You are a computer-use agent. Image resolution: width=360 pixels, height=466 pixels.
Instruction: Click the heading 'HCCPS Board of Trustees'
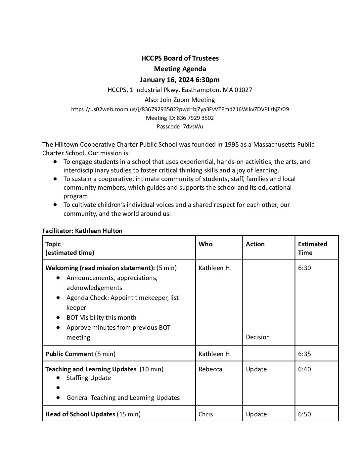tap(180, 58)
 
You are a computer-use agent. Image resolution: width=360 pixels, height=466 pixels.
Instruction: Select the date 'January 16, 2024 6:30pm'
tap(180, 79)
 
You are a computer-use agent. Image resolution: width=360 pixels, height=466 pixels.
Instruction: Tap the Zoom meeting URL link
tap(180, 109)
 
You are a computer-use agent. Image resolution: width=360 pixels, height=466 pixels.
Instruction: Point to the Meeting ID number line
tap(180, 118)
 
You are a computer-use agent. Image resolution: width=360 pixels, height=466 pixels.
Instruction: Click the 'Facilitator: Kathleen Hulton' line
tap(82, 231)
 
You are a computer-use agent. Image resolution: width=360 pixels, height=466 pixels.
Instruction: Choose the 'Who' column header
tap(205, 244)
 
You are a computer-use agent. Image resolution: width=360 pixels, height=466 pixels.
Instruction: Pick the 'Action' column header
tap(255, 244)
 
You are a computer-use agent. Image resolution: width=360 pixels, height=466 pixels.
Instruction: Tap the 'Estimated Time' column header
tap(312, 248)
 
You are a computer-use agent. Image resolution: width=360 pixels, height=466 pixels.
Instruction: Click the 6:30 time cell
tap(304, 268)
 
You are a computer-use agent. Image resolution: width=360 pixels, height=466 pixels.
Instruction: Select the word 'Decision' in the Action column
tap(258, 337)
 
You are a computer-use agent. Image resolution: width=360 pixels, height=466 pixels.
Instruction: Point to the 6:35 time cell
tap(304, 354)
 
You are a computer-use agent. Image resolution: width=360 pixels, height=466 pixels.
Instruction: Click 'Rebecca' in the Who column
tap(210, 369)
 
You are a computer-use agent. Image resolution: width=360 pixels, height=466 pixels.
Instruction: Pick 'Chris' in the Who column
tap(206, 414)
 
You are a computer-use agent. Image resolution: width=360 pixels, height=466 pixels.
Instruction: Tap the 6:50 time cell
tap(304, 414)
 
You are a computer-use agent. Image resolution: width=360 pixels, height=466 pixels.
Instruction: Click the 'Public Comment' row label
tap(69, 354)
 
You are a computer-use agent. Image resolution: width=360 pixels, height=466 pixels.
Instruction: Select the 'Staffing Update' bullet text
tap(89, 378)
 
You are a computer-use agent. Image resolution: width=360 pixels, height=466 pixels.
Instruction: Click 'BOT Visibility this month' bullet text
tap(101, 317)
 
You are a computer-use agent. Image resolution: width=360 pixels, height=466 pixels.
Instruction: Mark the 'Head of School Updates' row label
tap(80, 414)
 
